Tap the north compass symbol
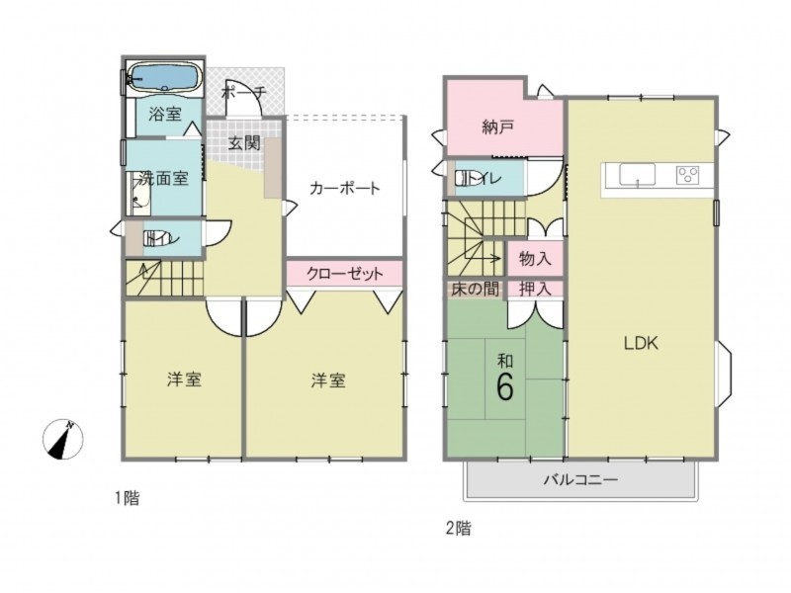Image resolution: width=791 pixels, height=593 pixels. tap(62, 439)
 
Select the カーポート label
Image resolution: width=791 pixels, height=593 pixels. tap(344, 189)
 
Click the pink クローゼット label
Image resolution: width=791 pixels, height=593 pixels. tap(345, 274)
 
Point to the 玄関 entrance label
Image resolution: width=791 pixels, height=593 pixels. tap(244, 143)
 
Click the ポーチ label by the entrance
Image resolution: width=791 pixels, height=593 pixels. tap(243, 93)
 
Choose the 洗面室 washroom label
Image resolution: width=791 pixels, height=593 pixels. tap(163, 178)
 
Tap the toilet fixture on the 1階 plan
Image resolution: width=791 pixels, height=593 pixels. tap(158, 237)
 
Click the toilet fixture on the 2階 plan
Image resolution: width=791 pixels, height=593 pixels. tap(468, 179)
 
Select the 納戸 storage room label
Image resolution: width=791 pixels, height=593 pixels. tap(498, 127)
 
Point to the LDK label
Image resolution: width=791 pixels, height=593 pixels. tap(641, 343)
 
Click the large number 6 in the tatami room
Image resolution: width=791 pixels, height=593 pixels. tap(505, 387)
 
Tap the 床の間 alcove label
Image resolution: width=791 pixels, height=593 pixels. tap(475, 289)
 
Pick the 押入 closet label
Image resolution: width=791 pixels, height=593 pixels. tap(535, 289)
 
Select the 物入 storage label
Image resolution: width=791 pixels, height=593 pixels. tap(535, 259)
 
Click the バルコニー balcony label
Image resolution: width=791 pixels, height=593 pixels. tap(580, 479)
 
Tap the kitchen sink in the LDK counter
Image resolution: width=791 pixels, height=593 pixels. tap(637, 175)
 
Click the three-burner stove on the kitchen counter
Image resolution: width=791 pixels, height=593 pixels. tap(687, 175)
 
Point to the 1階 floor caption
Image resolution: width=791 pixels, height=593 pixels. tap(126, 499)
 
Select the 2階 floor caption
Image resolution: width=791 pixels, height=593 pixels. tap(459, 529)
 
